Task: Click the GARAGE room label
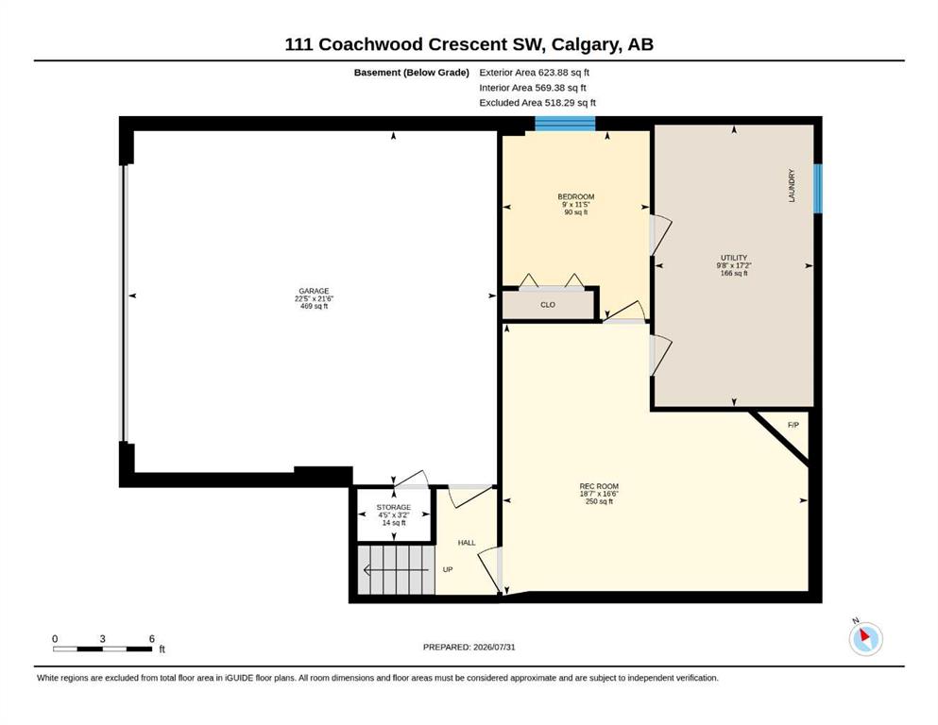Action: click(x=314, y=291)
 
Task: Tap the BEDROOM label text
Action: click(x=576, y=196)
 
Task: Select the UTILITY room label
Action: click(x=734, y=258)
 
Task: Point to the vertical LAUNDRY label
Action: click(x=792, y=185)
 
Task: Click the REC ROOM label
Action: click(x=599, y=486)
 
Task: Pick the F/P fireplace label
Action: click(x=793, y=425)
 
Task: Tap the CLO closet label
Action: click(x=548, y=305)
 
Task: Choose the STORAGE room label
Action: click(x=394, y=508)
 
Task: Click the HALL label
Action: click(x=467, y=543)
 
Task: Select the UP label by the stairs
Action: click(x=448, y=569)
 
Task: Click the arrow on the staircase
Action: click(x=396, y=570)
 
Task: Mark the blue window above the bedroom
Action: click(x=565, y=124)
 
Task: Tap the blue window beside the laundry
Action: click(x=818, y=188)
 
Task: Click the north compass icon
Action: click(x=865, y=638)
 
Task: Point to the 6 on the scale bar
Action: click(x=152, y=639)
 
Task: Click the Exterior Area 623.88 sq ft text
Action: click(x=535, y=73)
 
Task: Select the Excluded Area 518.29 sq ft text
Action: click(x=537, y=103)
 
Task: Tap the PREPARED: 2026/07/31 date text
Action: click(x=469, y=647)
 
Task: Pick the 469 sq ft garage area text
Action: click(x=314, y=306)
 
